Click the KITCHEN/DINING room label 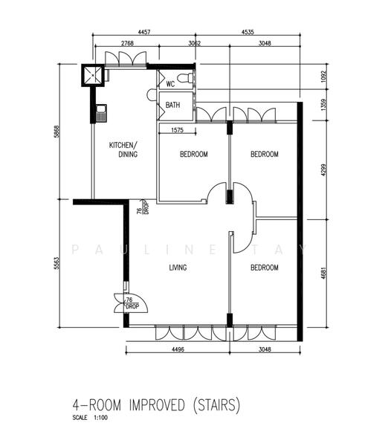coord(123,149)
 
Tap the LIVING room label coord(178,268)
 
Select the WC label coord(170,84)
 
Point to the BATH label coord(172,105)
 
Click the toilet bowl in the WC coord(185,77)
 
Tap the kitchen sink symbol coord(101,113)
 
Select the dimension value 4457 coord(144,32)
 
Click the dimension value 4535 coord(248,32)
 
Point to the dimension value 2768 coord(127,43)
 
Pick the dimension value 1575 coord(177,130)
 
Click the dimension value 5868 coord(56,132)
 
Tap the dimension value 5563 coord(56,263)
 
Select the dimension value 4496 coord(178,349)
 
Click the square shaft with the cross coord(93,75)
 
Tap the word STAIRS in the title coord(216,404)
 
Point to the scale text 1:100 coord(100,418)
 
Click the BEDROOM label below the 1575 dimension coord(194,154)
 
